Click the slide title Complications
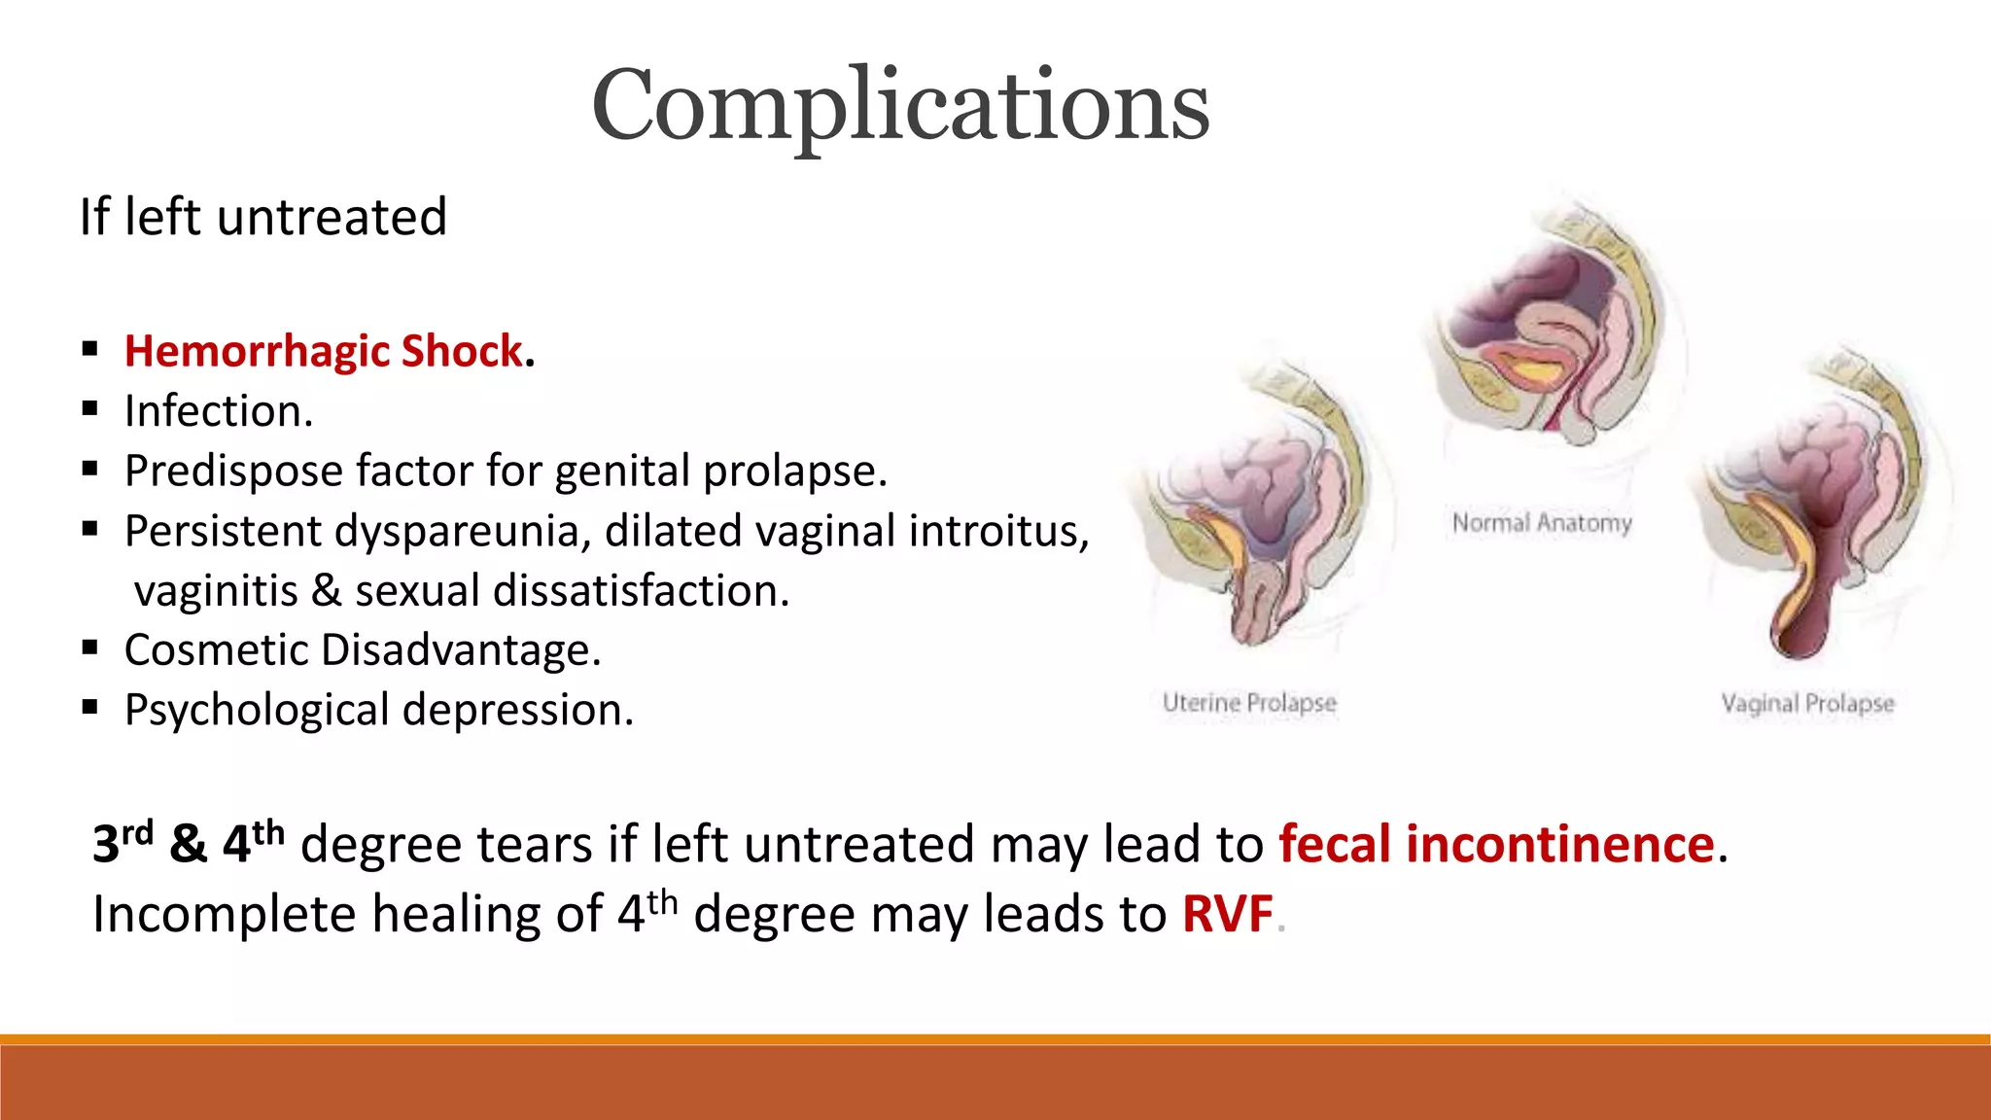pyautogui.click(x=900, y=105)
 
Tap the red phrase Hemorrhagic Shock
pyautogui.click(x=324, y=351)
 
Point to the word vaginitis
pyautogui.click(x=216, y=591)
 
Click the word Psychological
pyautogui.click(x=257, y=711)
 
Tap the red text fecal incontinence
pyautogui.click(x=1496, y=844)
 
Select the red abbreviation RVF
pyautogui.click(x=1227, y=914)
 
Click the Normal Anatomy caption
pyautogui.click(x=1542, y=523)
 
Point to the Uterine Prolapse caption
pyautogui.click(x=1249, y=702)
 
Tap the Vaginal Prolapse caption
pyautogui.click(x=1807, y=702)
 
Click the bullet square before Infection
pyautogui.click(x=90, y=409)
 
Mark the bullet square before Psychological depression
pyautogui.click(x=90, y=708)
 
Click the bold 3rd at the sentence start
pyautogui.click(x=122, y=842)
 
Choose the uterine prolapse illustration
pyautogui.click(x=1254, y=506)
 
